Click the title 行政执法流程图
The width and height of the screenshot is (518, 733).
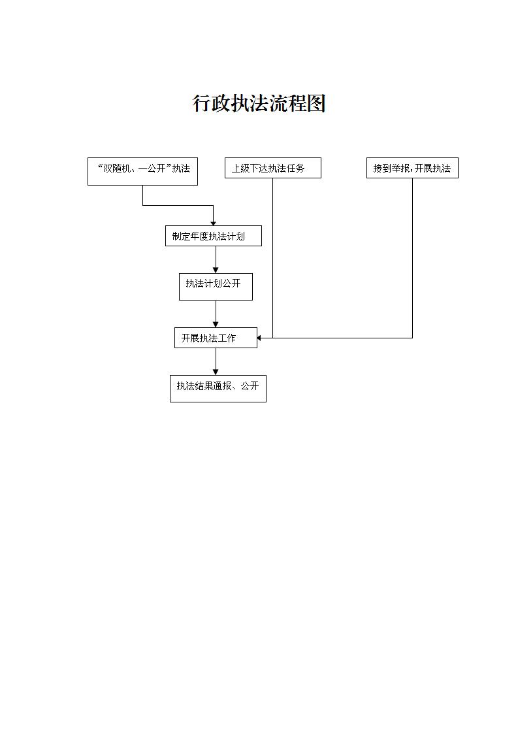pyautogui.click(x=259, y=103)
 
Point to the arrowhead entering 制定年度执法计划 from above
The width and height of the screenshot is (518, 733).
pyautogui.click(x=213, y=223)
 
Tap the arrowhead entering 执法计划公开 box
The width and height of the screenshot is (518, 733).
pyautogui.click(x=216, y=270)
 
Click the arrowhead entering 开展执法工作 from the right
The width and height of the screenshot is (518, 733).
pyautogui.click(x=259, y=338)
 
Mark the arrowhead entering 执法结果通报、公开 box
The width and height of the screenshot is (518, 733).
pyautogui.click(x=216, y=372)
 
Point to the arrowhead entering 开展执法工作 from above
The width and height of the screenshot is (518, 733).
pyautogui.click(x=216, y=324)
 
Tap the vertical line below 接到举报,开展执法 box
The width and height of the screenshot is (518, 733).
pyautogui.click(x=412, y=257)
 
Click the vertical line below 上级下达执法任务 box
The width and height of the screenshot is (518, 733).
pyautogui.click(x=272, y=257)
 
